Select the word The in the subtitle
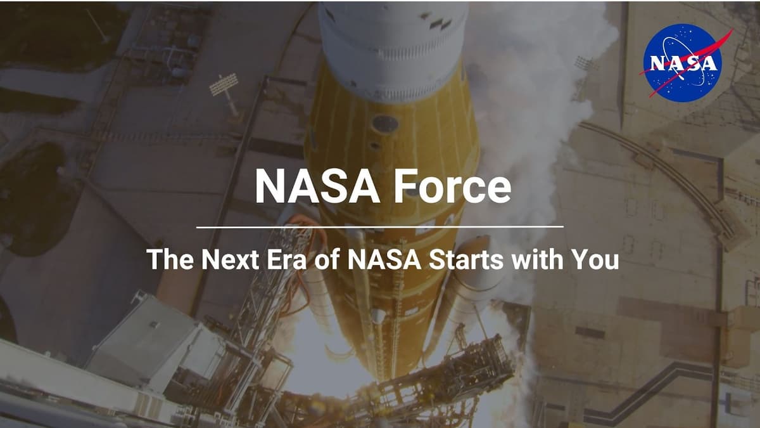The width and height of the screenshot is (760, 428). (167, 259)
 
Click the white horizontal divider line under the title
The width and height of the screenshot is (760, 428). (380, 226)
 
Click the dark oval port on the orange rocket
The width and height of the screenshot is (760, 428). (384, 124)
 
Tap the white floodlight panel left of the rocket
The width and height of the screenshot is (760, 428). (224, 84)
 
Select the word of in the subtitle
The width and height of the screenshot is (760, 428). (323, 259)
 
